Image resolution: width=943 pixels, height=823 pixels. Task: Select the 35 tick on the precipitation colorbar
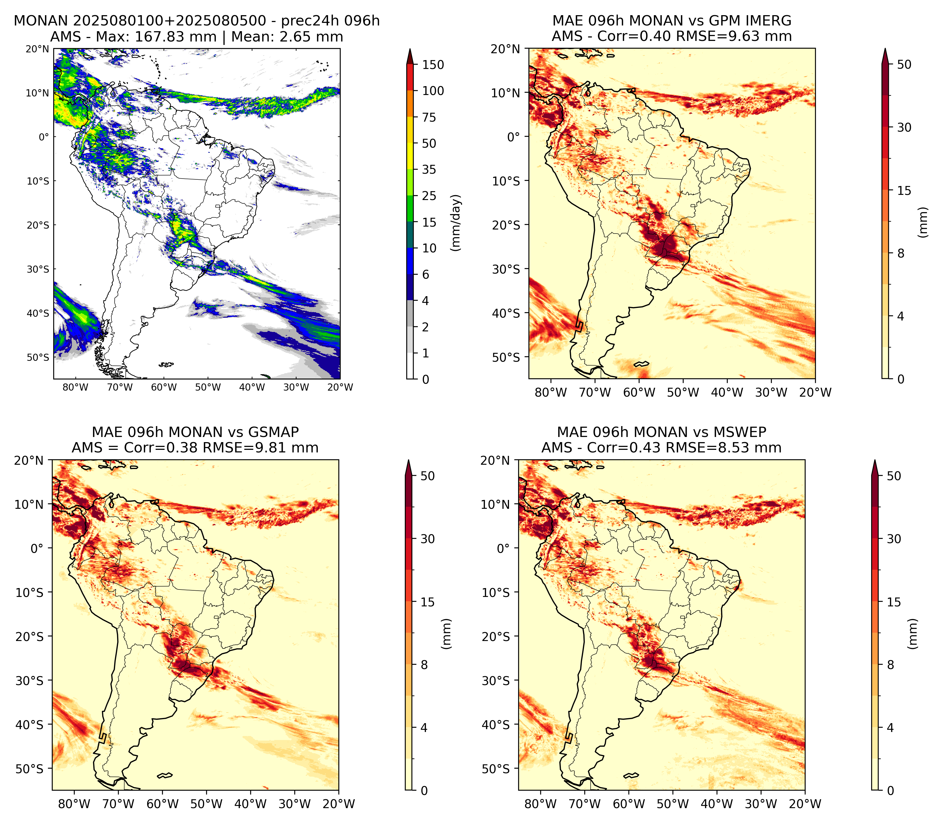click(429, 169)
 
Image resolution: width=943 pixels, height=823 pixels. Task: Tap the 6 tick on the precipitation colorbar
click(426, 275)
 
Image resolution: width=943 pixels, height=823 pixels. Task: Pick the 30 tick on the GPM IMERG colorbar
click(904, 127)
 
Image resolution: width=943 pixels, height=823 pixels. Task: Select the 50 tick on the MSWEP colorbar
click(894, 476)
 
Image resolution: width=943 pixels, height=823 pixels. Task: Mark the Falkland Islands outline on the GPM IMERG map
click(641, 364)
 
